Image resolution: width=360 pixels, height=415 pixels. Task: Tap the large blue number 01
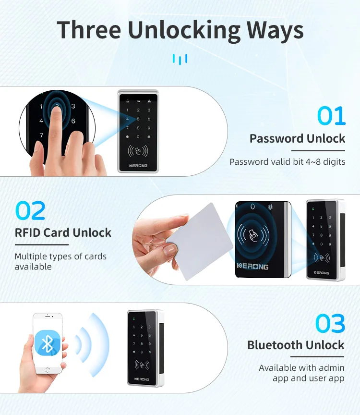[x=331, y=117]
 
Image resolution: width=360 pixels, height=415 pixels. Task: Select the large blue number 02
[x=30, y=211]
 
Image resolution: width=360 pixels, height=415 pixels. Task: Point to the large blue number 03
[x=330, y=324]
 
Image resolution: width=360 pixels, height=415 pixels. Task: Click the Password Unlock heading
[x=297, y=139]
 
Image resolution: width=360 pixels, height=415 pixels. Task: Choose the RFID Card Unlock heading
[x=63, y=233]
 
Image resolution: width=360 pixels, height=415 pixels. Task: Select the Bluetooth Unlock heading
[x=296, y=345]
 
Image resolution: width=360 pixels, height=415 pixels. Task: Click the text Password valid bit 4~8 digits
[x=287, y=162]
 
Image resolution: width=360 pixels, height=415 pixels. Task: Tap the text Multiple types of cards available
[x=60, y=261]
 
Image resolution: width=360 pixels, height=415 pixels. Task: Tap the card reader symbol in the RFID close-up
[x=253, y=235]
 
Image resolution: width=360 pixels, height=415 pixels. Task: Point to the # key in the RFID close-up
[x=270, y=207]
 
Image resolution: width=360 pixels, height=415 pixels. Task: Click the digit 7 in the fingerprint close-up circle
[x=42, y=135]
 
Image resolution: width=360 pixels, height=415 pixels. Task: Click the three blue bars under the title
[x=180, y=59]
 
